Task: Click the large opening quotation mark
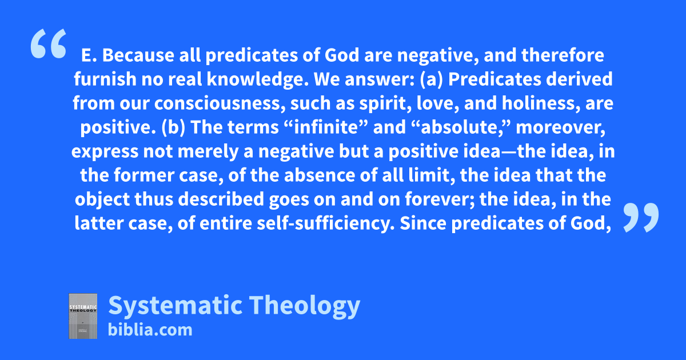[49, 43]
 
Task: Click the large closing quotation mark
[641, 217]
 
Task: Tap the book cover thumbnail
[83, 316]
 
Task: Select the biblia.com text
[150, 330]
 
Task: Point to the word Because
[138, 55]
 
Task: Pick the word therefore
[563, 55]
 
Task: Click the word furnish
[105, 79]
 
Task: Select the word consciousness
[217, 103]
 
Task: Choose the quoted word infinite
[328, 127]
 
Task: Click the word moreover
[560, 127]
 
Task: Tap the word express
[105, 152]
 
